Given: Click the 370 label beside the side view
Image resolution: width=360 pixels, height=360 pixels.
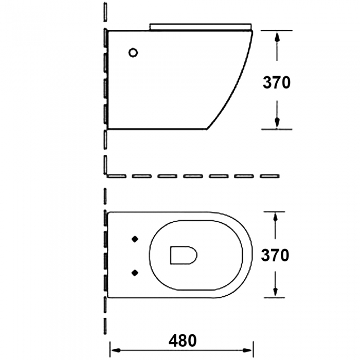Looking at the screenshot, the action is pos(277,82).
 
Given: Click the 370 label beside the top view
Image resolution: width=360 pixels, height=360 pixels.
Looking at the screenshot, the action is pos(275,255).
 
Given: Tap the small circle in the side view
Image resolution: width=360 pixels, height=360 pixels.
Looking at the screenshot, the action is pos(133,52).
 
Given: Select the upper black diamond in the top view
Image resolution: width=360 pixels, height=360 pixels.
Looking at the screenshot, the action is pos(135,239).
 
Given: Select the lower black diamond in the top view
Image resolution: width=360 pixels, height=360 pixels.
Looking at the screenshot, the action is pos(135,273).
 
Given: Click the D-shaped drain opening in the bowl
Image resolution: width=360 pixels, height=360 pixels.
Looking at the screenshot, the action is pos(184,255).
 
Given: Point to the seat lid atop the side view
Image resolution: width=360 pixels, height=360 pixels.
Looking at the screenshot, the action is pos(201,27).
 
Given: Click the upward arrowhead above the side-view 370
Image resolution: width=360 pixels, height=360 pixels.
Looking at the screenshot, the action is pos(277,37).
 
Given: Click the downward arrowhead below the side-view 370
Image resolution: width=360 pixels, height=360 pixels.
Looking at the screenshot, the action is pos(277,122).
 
